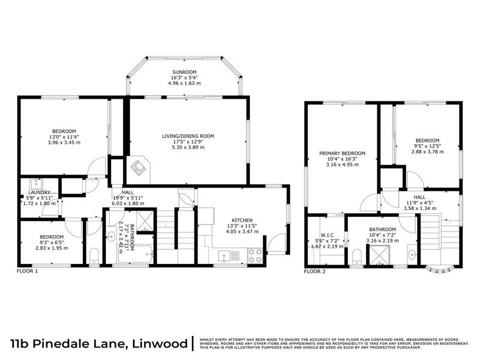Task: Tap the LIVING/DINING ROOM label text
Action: (188, 136)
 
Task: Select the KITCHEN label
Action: (243, 220)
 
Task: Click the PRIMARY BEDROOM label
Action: (342, 154)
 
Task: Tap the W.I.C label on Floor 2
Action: (327, 235)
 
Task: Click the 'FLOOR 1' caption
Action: (28, 271)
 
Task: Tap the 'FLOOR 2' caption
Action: (314, 271)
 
